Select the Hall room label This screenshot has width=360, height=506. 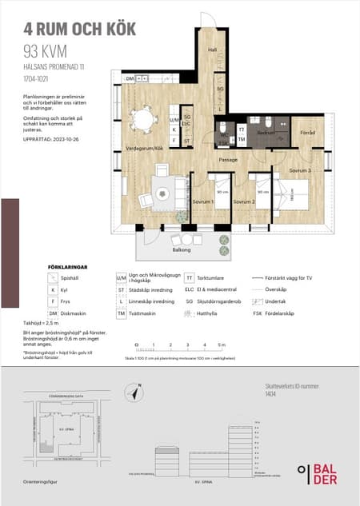213,50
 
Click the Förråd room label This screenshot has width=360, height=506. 307,133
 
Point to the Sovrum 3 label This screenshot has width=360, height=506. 299,171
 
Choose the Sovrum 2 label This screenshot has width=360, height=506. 243,202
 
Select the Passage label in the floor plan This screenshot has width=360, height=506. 230,160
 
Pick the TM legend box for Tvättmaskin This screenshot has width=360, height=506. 122,313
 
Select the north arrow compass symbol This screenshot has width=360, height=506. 137,391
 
